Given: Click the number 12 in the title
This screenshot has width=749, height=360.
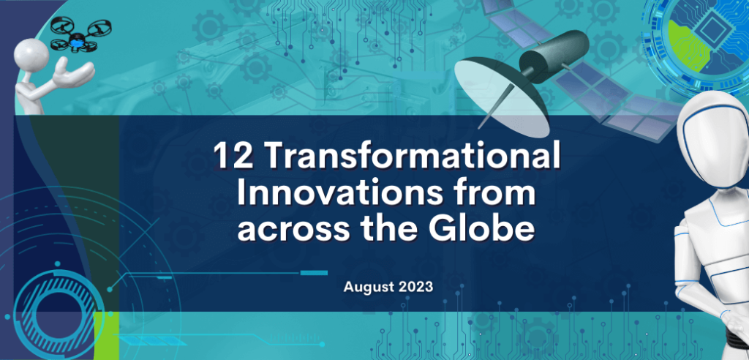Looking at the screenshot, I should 230,157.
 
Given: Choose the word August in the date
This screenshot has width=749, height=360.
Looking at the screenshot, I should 367,286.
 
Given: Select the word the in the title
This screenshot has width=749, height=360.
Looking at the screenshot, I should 405,230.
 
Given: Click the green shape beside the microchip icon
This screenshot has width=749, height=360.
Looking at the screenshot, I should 680,41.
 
